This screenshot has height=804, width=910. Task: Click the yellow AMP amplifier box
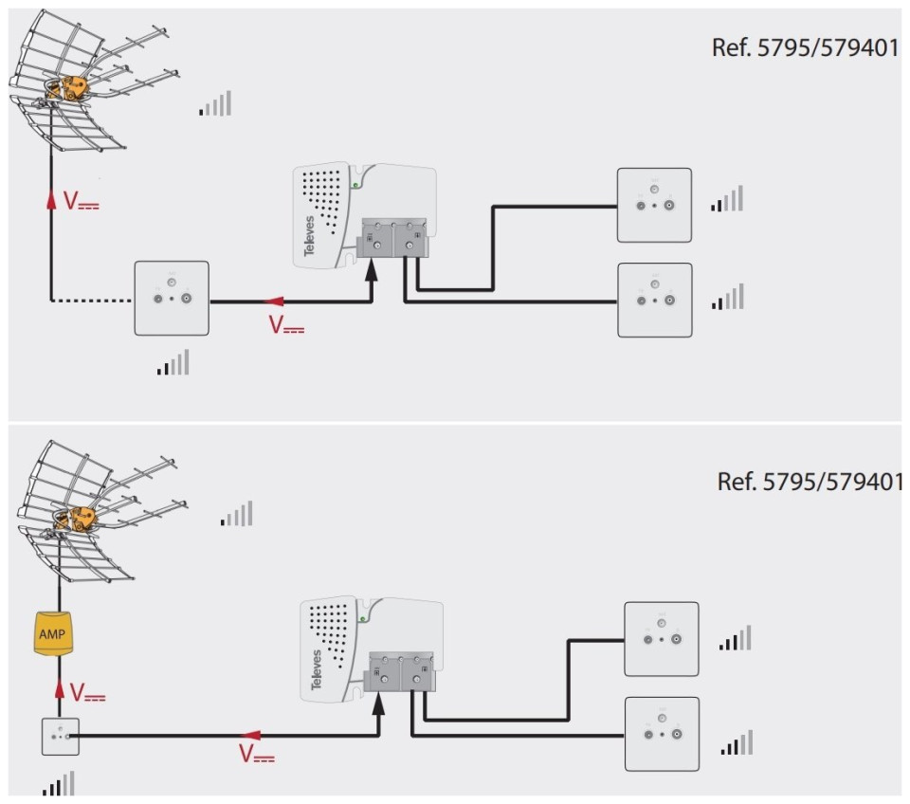[59, 632]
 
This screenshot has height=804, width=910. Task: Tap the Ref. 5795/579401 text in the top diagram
[805, 47]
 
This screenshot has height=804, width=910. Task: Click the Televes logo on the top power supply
[309, 236]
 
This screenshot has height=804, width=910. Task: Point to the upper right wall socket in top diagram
[654, 205]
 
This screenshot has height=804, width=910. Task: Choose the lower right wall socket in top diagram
[654, 300]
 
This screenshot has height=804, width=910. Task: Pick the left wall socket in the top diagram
[171, 298]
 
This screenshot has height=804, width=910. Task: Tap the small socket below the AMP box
[60, 736]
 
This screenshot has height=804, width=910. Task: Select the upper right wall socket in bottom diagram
[661, 638]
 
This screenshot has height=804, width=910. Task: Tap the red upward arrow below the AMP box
[60, 689]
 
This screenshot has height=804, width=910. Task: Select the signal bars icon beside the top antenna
[215, 103]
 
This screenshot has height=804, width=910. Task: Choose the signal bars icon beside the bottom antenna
[237, 514]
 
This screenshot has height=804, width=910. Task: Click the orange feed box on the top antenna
[73, 88]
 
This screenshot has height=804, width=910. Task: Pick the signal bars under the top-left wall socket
[173, 362]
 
